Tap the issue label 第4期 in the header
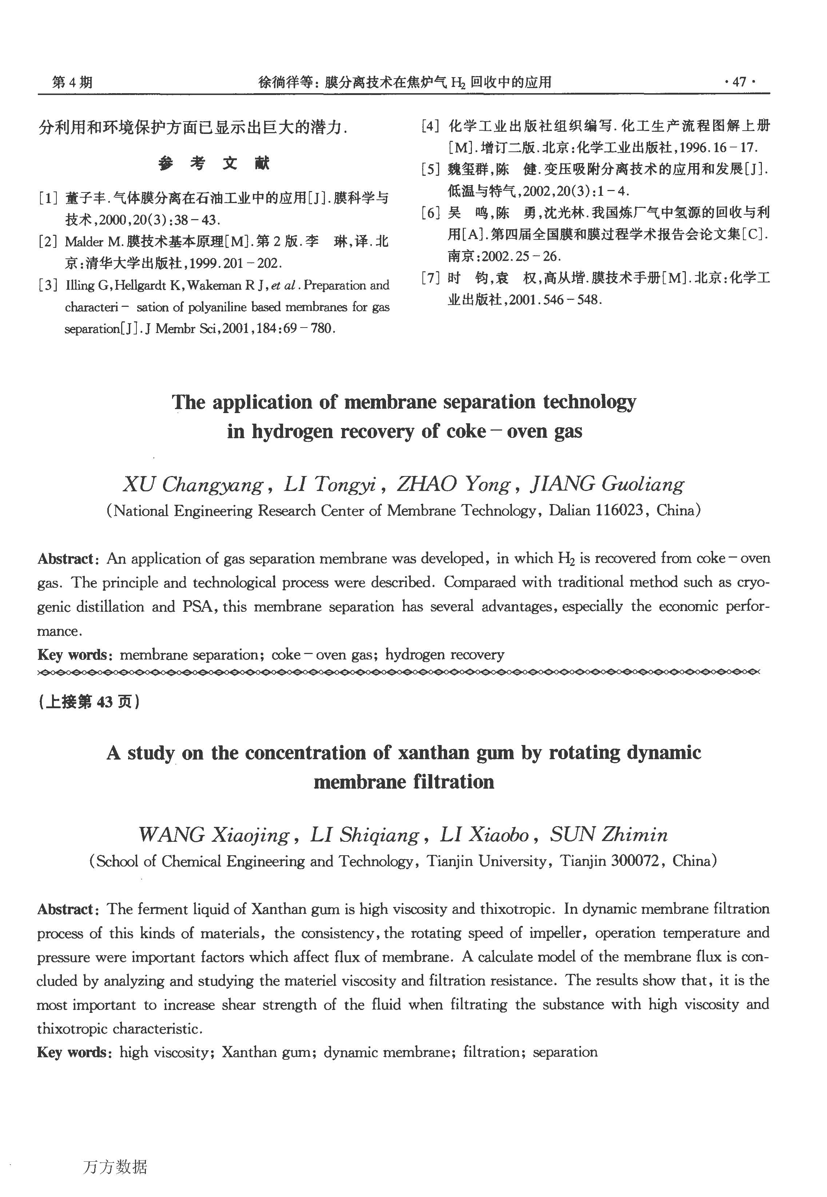72,82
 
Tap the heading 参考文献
214,164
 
